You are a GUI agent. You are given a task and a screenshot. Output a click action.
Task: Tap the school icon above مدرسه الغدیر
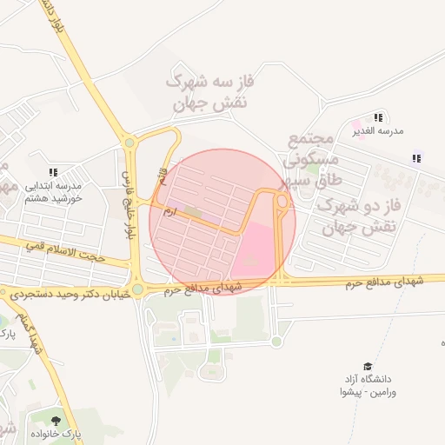click(377, 116)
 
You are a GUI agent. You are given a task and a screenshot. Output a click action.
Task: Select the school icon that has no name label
click(416, 158)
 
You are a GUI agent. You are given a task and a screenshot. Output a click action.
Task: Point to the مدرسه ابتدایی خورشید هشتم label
click(52, 191)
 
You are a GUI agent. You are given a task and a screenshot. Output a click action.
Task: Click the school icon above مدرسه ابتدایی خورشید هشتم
click(53, 172)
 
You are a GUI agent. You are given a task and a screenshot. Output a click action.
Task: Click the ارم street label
click(169, 210)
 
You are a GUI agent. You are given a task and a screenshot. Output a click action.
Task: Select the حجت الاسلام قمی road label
click(65, 253)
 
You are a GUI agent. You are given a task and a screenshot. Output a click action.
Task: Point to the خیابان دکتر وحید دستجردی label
click(68, 295)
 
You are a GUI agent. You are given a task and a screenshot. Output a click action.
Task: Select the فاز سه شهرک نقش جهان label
click(211, 92)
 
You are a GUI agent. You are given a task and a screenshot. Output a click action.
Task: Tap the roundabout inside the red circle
click(282, 202)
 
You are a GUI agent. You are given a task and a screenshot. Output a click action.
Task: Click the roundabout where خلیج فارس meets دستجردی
click(137, 289)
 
